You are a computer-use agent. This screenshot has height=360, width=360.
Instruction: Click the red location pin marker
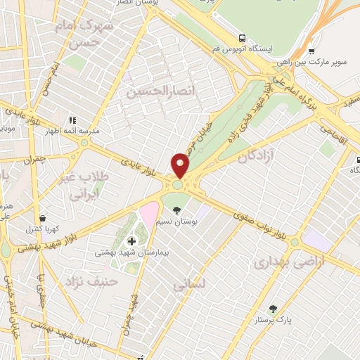[181, 166]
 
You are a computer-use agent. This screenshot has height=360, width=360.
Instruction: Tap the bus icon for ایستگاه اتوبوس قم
[242, 38]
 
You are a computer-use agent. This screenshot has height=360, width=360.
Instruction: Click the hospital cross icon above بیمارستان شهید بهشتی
[131, 241]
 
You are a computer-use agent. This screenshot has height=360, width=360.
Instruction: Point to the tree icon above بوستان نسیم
[176, 210]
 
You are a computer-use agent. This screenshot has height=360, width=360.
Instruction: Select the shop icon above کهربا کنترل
[45, 218]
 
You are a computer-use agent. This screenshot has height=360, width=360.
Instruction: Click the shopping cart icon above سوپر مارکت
[311, 51]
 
